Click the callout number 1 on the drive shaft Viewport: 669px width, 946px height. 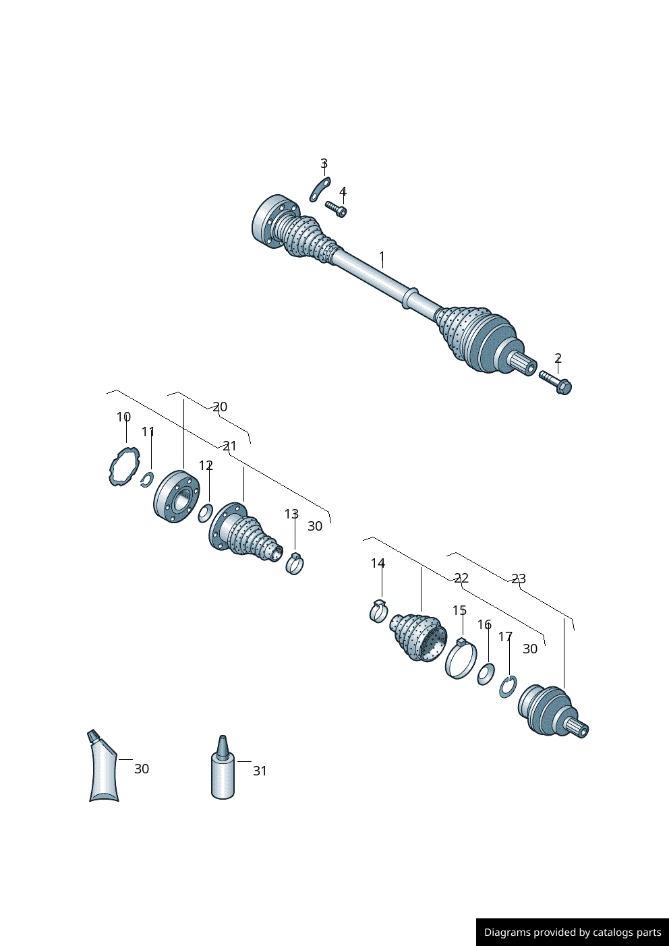(x=382, y=257)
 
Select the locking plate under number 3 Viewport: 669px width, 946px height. (x=320, y=190)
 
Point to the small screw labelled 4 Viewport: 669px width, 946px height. (x=337, y=209)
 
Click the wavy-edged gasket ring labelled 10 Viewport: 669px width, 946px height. (x=124, y=467)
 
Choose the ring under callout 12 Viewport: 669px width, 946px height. (x=205, y=513)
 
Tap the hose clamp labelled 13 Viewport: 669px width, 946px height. (x=295, y=563)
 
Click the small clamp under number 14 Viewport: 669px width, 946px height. (x=379, y=611)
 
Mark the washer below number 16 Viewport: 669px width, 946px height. (x=486, y=674)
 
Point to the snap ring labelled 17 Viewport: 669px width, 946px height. (x=508, y=687)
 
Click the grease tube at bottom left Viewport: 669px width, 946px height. (x=103, y=769)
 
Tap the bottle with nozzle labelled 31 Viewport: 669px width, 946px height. (x=223, y=773)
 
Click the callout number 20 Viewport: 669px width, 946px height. (x=220, y=407)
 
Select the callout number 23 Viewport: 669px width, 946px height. (x=518, y=579)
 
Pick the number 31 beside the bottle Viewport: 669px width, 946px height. (x=260, y=771)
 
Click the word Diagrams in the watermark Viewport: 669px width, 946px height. (x=506, y=933)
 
